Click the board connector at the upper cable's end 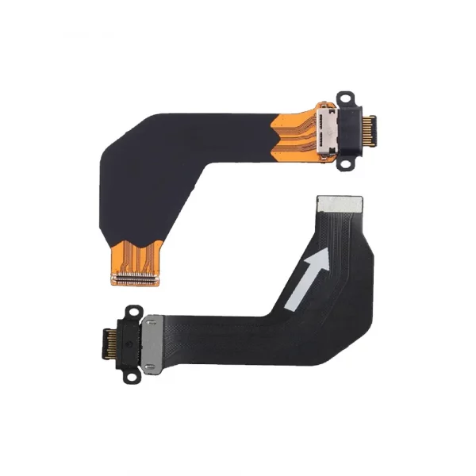click(x=136, y=278)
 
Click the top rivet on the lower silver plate click(x=149, y=324)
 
